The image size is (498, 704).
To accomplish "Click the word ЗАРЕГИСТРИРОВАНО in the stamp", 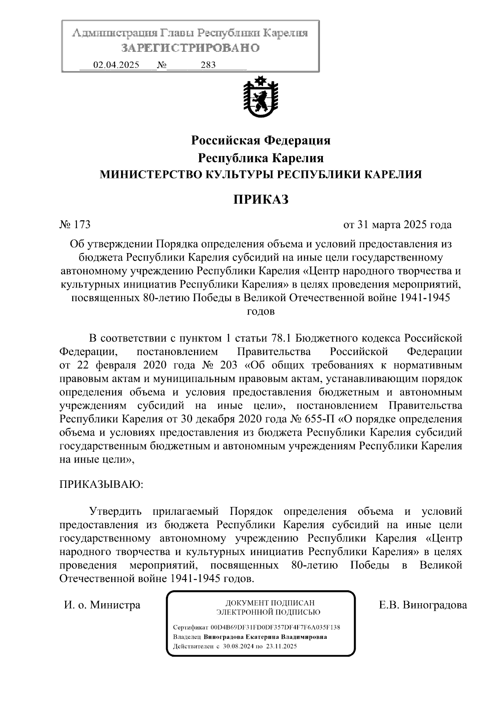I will point(190,48).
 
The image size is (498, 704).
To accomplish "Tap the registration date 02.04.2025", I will point(116,65).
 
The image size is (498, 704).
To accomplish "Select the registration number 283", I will point(208,65).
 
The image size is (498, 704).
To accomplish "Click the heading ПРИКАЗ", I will point(260,200).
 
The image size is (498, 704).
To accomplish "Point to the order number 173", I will point(82,225).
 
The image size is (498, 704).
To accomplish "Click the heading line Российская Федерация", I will point(261,141).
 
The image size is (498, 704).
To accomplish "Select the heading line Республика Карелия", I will point(261,158).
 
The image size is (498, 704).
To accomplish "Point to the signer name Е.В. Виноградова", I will point(422,605).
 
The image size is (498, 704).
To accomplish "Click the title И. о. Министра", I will point(102,605).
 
